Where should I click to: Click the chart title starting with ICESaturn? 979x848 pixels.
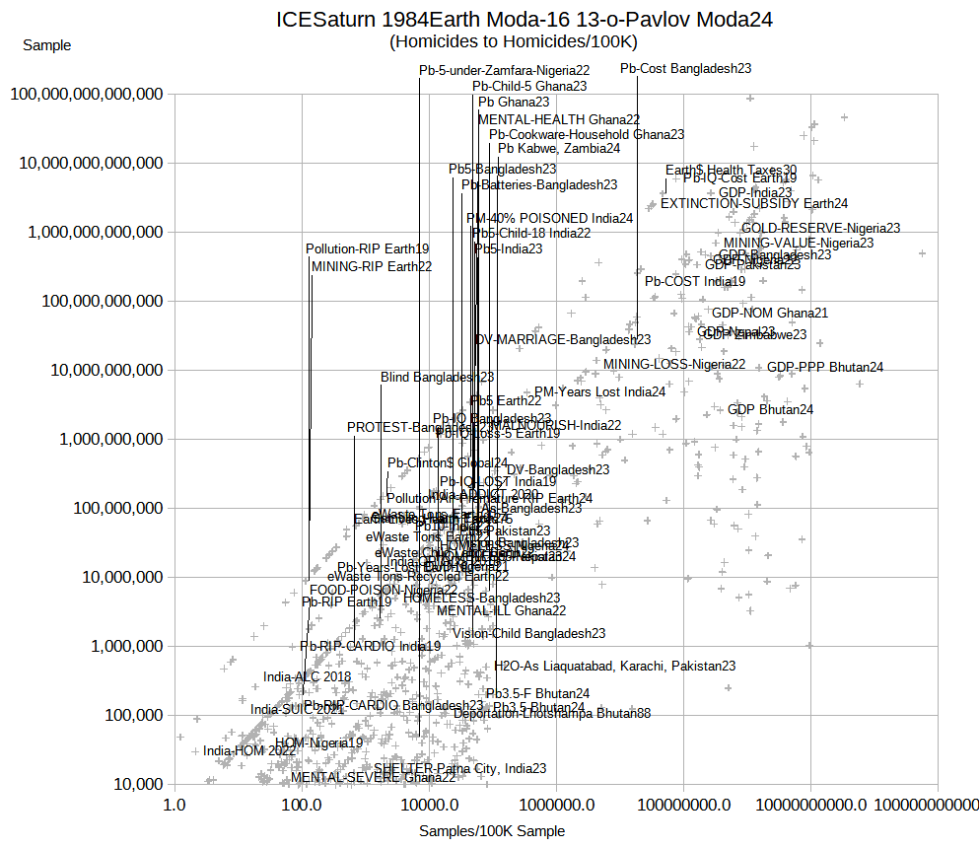point(524,20)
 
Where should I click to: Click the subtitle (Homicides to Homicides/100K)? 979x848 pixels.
point(514,42)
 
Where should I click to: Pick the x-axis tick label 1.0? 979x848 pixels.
point(175,805)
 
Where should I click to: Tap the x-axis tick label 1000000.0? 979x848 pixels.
point(557,805)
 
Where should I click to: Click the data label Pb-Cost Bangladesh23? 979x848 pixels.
point(686,69)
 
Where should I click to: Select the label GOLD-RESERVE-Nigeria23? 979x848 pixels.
point(820,228)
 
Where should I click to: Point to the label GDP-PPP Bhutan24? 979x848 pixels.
point(825,368)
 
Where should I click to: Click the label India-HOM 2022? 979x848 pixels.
point(249,751)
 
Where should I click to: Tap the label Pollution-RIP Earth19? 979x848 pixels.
point(367,249)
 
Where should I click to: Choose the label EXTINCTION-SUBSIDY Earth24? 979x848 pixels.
point(754,204)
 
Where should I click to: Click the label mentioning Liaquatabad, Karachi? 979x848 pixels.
point(615,667)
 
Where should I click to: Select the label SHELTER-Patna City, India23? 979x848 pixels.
point(459,769)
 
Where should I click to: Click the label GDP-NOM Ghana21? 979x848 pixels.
point(770,314)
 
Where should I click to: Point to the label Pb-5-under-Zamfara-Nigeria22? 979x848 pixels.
point(504,71)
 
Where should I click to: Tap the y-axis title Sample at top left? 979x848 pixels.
point(46,45)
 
